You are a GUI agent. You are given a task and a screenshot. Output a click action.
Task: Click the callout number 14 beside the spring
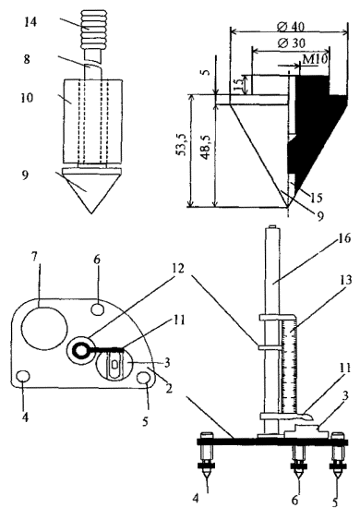(30, 22)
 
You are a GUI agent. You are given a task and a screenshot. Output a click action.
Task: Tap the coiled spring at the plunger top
(91, 30)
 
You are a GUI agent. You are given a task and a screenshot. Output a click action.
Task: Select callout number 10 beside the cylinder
(28, 98)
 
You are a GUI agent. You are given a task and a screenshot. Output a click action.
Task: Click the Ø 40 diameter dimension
(292, 27)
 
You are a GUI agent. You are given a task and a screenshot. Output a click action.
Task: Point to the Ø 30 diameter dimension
(292, 43)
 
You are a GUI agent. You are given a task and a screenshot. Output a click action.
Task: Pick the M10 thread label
(315, 59)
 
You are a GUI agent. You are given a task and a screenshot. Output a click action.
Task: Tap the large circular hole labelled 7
(44, 328)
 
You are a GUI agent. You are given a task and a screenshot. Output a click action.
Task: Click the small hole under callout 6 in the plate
(98, 309)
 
